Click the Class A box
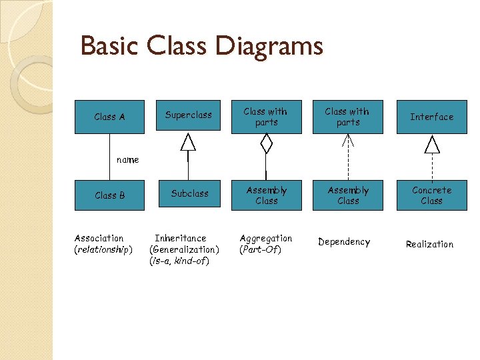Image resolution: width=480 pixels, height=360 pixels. click(109, 117)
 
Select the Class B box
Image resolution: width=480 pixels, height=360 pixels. click(109, 195)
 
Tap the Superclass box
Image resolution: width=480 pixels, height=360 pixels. click(188, 115)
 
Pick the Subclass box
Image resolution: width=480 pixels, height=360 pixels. click(189, 194)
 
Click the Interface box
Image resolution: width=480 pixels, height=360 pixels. click(431, 117)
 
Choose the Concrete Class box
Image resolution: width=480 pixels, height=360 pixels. click(431, 195)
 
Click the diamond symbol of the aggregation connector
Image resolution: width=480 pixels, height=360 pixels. click(266, 142)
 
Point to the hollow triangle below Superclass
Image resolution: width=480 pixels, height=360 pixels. click(189, 142)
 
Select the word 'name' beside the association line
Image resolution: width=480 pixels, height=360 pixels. click(127, 160)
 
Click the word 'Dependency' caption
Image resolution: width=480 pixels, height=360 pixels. click(344, 242)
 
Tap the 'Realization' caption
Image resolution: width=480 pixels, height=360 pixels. click(429, 245)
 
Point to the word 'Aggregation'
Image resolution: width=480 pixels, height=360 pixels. click(266, 238)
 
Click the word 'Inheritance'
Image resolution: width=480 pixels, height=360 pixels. click(181, 238)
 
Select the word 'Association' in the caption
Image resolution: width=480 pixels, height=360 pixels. click(99, 238)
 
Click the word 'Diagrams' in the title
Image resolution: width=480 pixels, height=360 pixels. click(269, 47)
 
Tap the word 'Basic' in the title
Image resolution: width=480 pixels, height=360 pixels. click(111, 47)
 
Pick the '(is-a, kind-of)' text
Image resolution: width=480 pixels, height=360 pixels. click(179, 261)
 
